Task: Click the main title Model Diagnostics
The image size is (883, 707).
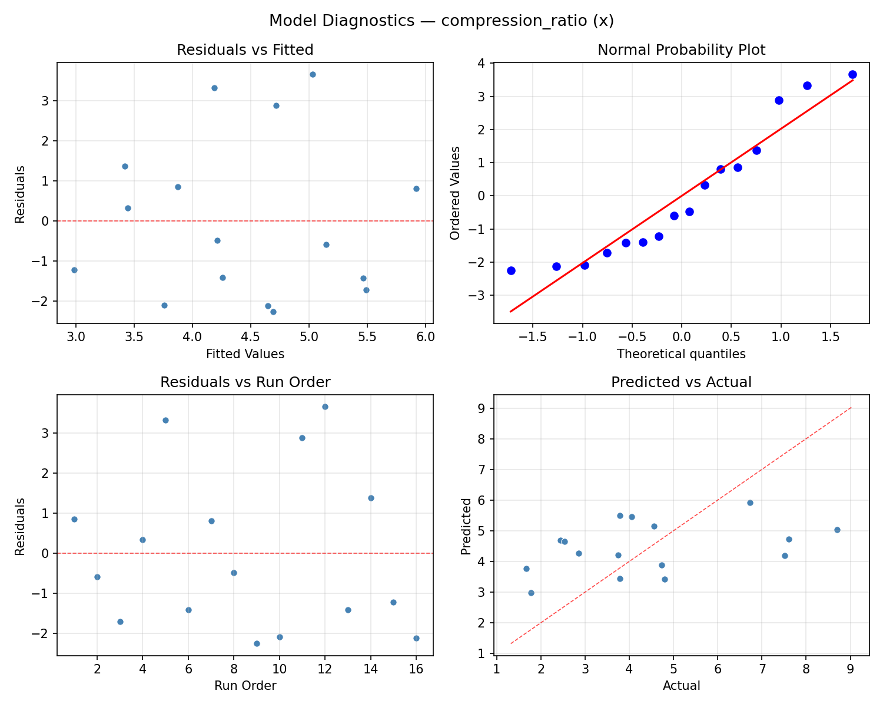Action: point(441,21)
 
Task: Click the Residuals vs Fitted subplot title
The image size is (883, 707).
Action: point(245,50)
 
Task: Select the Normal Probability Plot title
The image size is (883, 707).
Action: point(681,50)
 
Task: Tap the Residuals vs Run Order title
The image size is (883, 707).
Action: point(245,382)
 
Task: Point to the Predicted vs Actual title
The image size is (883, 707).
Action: point(681,382)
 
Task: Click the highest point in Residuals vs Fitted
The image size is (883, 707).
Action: point(313,74)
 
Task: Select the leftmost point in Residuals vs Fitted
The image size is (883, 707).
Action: point(74,270)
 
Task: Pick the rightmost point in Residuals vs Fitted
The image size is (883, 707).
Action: point(416,189)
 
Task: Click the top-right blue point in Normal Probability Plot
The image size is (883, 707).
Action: point(852,74)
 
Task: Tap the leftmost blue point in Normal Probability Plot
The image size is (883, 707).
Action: point(511,270)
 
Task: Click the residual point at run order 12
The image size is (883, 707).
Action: point(325,407)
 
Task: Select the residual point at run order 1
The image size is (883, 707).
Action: point(74,519)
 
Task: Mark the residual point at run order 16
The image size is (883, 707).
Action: point(416,638)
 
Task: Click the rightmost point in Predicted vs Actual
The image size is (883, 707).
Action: point(837,530)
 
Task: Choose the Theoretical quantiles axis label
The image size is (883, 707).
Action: point(681,354)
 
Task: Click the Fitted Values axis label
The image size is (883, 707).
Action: point(245,354)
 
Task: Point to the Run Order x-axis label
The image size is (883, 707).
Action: point(245,686)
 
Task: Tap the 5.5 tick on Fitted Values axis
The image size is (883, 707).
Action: point(367,336)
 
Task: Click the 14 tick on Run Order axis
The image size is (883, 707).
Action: point(371,669)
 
